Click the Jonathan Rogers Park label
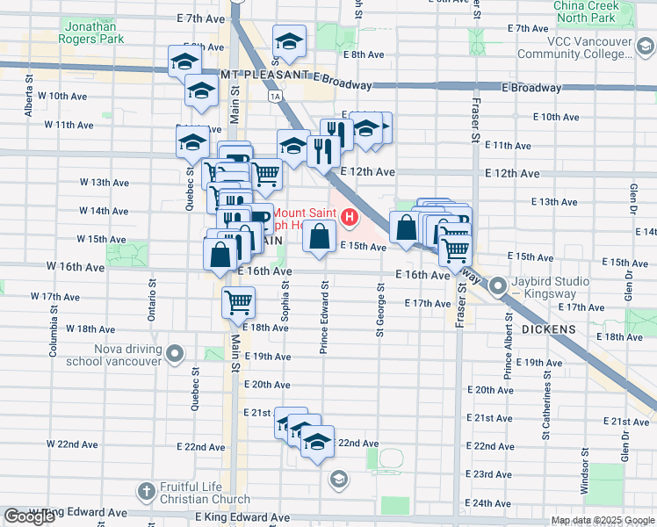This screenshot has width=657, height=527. (x=94, y=32)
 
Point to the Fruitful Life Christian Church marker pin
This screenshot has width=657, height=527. (x=147, y=489)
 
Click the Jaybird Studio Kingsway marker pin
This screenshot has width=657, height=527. (x=498, y=286)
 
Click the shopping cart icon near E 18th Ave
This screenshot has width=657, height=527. (x=239, y=302)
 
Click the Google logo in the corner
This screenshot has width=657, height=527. (x=30, y=517)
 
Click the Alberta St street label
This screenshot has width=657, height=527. (x=29, y=101)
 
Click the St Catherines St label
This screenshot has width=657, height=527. (x=545, y=404)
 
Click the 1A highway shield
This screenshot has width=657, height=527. (x=276, y=95)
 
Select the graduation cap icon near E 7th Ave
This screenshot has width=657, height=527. (x=288, y=40)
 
